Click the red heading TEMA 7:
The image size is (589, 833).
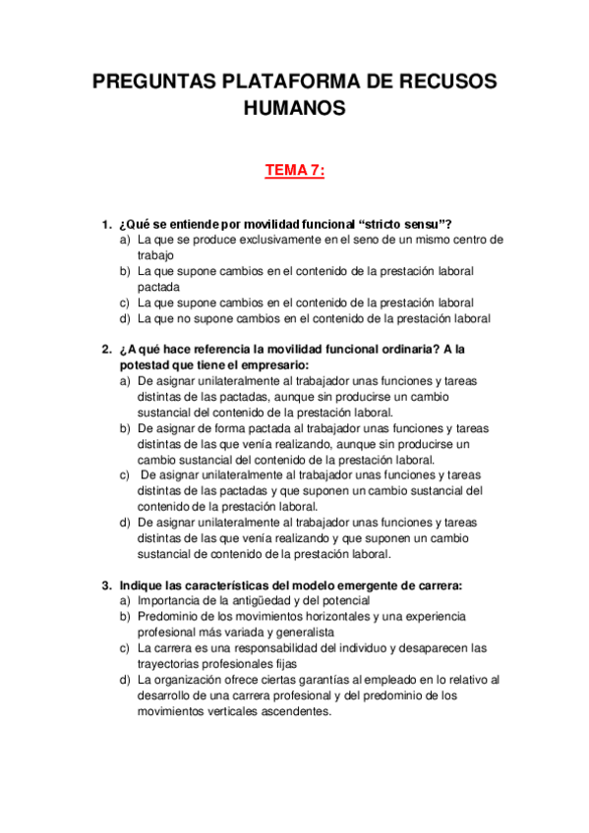pyautogui.click(x=294, y=172)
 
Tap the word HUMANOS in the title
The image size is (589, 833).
pyautogui.click(x=294, y=109)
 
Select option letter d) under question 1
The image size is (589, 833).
pyautogui.click(x=125, y=318)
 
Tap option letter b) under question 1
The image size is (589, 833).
pyautogui.click(x=125, y=271)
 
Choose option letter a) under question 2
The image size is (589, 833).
pyautogui.click(x=125, y=381)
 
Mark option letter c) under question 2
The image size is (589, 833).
pyautogui.click(x=125, y=475)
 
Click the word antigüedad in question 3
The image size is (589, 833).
pyautogui.click(x=260, y=601)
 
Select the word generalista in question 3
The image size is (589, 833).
pyautogui.click(x=304, y=633)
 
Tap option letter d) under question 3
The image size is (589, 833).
pyautogui.click(x=125, y=680)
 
